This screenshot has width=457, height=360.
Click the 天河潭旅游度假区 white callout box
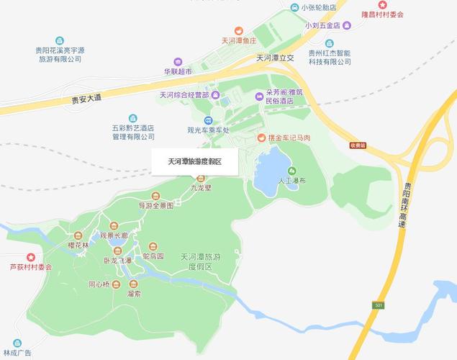tap(194, 162)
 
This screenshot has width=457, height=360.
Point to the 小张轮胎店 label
tap(320, 7)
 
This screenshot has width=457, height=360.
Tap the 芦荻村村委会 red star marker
tap(30, 256)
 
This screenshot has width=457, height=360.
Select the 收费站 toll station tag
tap(358, 145)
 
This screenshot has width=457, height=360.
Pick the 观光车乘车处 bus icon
tap(208, 120)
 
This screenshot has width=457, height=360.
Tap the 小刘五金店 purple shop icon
tap(348, 25)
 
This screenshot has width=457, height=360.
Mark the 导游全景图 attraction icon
tap(155, 196)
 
